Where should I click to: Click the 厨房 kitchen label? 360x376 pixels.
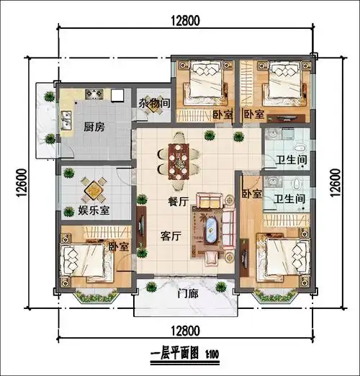tap(94, 127)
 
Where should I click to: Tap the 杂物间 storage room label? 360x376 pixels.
tap(154, 103)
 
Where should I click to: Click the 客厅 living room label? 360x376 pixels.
tap(158, 235)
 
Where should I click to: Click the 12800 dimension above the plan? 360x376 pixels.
tap(185, 21)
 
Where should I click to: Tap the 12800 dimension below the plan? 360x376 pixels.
tap(186, 331)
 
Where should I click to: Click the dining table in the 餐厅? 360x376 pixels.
tap(176, 159)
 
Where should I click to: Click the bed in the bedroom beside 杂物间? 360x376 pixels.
tap(204, 86)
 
